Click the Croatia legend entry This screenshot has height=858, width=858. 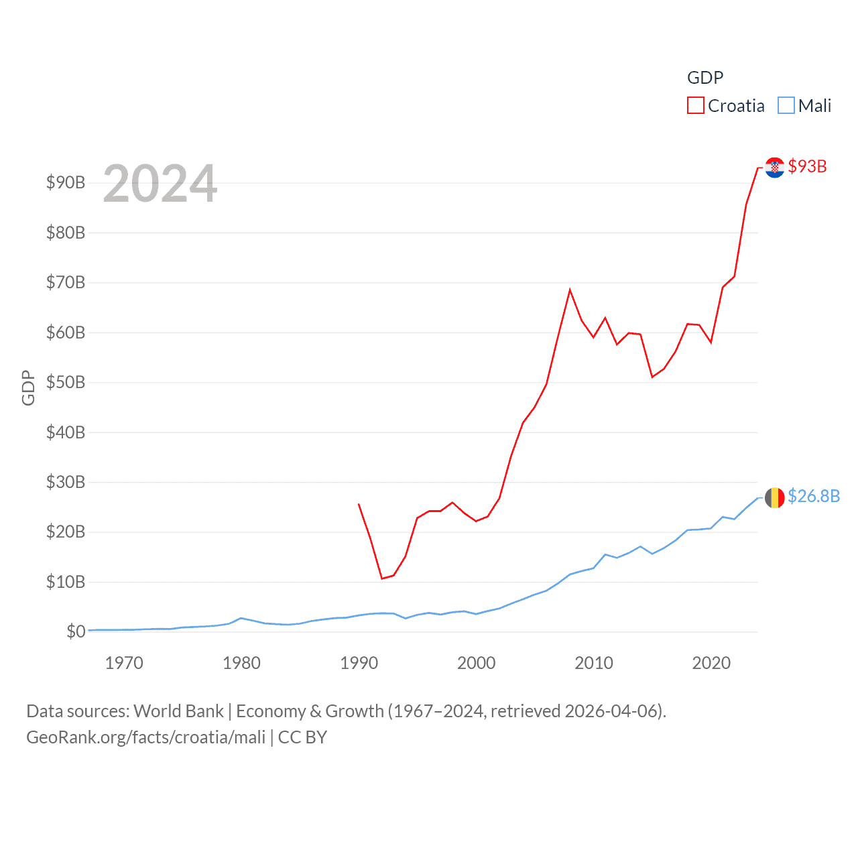coord(726,106)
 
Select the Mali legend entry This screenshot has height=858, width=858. coord(804,106)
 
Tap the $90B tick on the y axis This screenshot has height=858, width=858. coord(66,182)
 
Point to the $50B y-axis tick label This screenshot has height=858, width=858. coord(66,382)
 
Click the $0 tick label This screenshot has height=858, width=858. coord(76,631)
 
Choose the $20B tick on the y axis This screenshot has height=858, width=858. coord(66,532)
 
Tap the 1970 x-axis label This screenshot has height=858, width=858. coord(124,663)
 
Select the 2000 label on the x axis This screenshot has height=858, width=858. coord(476,663)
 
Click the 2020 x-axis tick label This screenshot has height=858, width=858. coord(711,663)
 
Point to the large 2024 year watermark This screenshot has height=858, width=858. coord(160,184)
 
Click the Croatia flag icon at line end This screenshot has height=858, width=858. coord(774,167)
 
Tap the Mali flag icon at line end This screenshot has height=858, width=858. coord(774,497)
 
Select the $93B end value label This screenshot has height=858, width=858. coord(807,166)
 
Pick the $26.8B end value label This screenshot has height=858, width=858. coord(813,496)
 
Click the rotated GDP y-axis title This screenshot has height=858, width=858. coord(28,387)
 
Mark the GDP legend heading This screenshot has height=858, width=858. coord(705,78)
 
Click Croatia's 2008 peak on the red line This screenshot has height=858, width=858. coord(570,290)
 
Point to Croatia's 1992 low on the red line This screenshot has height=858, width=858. coord(382,578)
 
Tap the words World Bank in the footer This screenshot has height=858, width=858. coord(178,711)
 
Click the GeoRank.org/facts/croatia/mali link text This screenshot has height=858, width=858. coord(146,737)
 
